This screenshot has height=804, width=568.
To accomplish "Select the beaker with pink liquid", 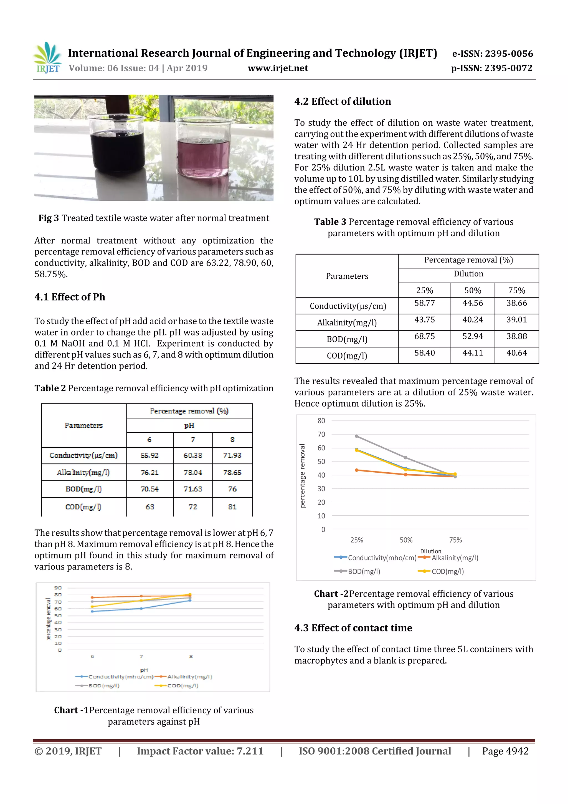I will [203, 151].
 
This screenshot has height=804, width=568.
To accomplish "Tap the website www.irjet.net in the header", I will [278, 68].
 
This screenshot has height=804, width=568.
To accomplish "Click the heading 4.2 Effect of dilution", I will [342, 102].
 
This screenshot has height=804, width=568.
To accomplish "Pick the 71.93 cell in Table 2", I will [232, 455].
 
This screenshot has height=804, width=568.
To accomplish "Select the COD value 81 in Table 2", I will [232, 507].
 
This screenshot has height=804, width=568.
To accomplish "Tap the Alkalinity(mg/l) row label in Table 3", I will [347, 322].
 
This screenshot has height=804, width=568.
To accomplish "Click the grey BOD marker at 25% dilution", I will [357, 436].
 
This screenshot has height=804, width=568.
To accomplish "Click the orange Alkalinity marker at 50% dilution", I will [405, 475].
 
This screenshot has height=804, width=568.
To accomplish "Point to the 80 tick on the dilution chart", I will [321, 421].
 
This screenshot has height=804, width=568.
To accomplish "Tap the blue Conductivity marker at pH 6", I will [92, 611].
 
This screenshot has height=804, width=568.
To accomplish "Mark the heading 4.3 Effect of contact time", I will [353, 628].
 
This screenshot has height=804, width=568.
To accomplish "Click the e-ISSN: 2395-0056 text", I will [492, 54].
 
